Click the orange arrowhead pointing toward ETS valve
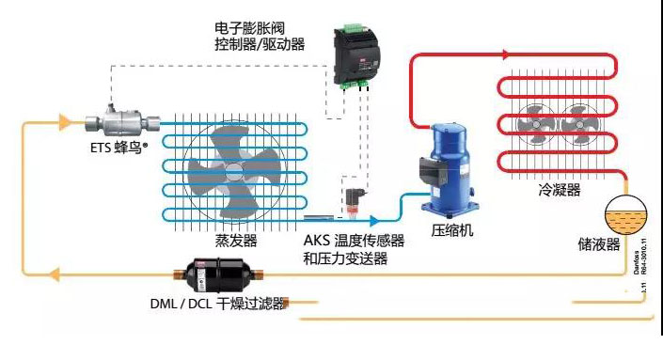(x=65, y=122)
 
